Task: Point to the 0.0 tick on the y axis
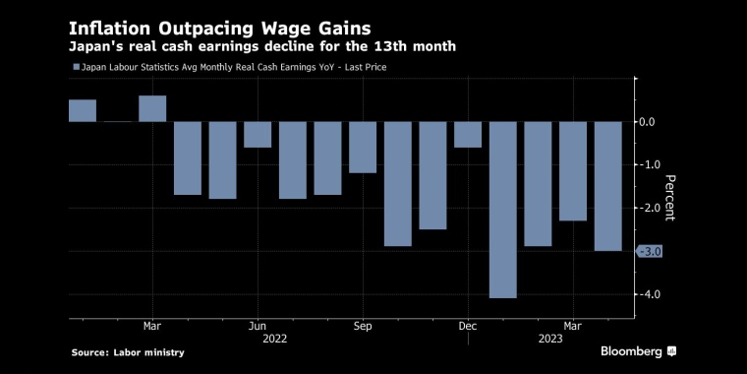pyautogui.click(x=649, y=122)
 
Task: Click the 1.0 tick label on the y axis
pyautogui.click(x=649, y=165)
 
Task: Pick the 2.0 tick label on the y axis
pyautogui.click(x=649, y=209)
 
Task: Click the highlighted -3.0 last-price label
pyautogui.click(x=651, y=252)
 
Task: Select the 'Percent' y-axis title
pyautogui.click(x=670, y=198)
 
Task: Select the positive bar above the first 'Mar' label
pyautogui.click(x=152, y=108)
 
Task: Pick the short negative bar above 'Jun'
pyautogui.click(x=258, y=135)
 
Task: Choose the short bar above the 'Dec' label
pyautogui.click(x=468, y=135)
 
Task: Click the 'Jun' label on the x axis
pyautogui.click(x=258, y=326)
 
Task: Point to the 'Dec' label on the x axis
pyautogui.click(x=468, y=326)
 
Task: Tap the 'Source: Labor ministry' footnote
pyautogui.click(x=127, y=352)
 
